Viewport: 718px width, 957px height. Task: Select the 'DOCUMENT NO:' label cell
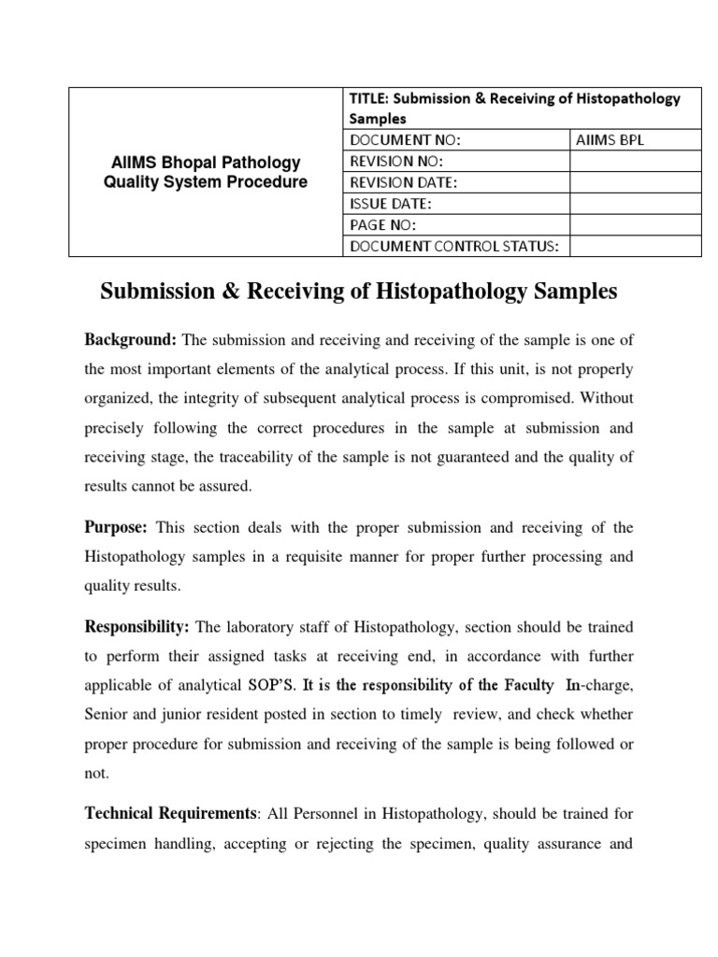[x=406, y=140]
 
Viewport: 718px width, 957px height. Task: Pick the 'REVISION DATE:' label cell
[x=404, y=182]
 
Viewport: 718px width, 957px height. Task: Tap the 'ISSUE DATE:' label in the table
[x=391, y=204]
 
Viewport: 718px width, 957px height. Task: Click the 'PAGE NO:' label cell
[x=382, y=225]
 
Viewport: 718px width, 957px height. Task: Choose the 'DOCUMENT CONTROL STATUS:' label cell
[x=453, y=247]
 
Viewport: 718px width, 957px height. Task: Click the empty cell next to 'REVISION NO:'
[x=635, y=162]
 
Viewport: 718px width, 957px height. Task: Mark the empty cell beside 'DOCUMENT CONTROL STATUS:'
[x=635, y=247]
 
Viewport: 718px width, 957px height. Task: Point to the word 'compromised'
[x=520, y=398]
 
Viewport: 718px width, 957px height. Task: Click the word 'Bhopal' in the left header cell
[x=178, y=163]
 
